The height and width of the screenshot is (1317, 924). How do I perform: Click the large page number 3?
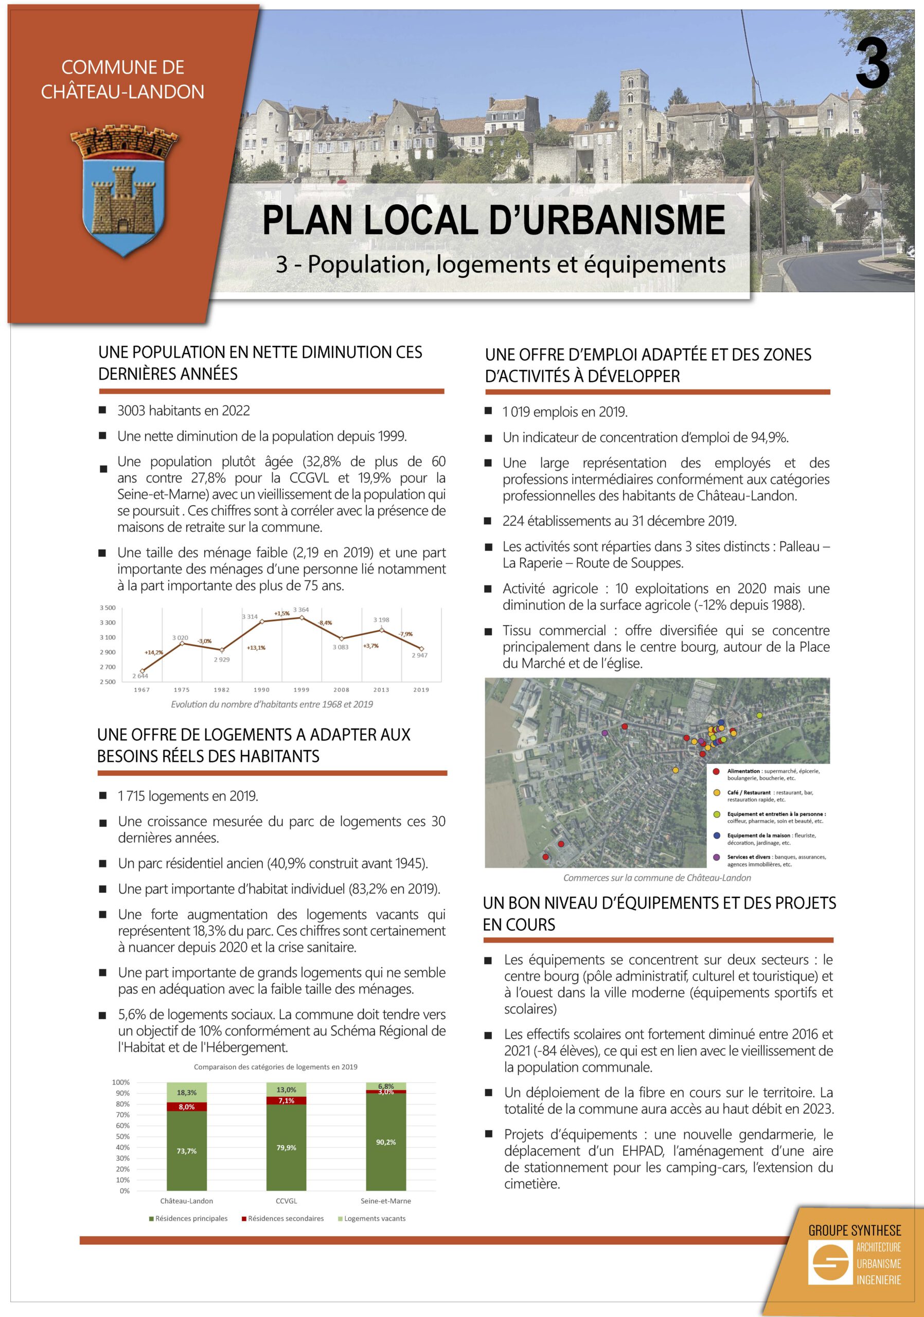pyautogui.click(x=873, y=65)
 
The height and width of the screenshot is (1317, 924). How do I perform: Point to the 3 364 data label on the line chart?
pyautogui.click(x=300, y=610)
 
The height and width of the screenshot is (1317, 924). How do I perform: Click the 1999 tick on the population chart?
pyautogui.click(x=301, y=689)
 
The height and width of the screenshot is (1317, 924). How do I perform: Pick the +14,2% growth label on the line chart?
pyautogui.click(x=154, y=652)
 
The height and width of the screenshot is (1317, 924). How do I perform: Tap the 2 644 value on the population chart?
pyautogui.click(x=140, y=675)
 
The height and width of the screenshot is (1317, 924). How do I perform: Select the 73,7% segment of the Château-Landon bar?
pyautogui.click(x=186, y=1151)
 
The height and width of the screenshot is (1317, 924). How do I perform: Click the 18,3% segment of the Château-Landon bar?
pyautogui.click(x=186, y=1093)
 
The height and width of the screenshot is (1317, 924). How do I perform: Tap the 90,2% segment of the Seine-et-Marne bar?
pyautogui.click(x=386, y=1142)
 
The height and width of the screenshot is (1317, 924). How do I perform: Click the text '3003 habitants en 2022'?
pyautogui.click(x=184, y=411)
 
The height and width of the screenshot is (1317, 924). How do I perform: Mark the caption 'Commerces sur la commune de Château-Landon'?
pyautogui.click(x=656, y=878)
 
